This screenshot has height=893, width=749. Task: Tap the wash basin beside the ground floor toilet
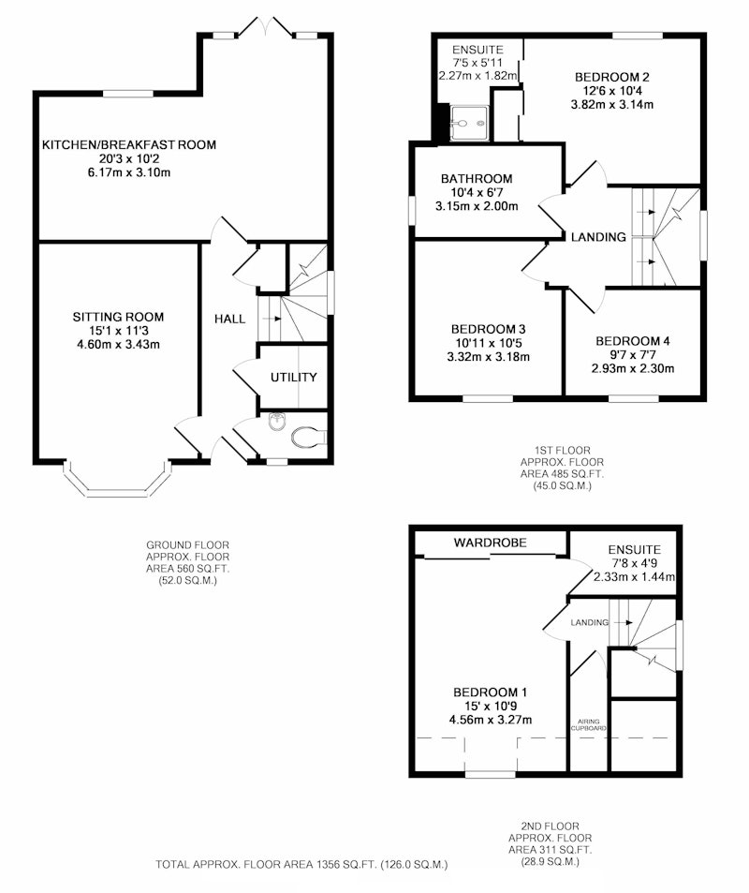(276, 422)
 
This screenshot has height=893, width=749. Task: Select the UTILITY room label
(294, 377)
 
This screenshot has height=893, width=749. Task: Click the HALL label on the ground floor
(230, 319)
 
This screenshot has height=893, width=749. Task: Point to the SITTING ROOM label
(118, 317)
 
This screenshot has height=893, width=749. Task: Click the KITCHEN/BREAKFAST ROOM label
(129, 144)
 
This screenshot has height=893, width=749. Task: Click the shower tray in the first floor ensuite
(470, 123)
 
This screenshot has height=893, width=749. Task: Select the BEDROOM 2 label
(611, 77)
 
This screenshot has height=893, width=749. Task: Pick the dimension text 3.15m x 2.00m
(477, 206)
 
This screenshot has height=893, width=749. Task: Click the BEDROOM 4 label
(632, 341)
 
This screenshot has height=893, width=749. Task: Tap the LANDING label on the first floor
(598, 237)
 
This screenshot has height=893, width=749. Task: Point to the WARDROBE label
(490, 543)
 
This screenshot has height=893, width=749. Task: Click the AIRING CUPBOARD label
(589, 724)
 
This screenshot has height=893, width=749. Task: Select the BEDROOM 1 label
(490, 692)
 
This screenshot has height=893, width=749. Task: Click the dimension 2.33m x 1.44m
(634, 576)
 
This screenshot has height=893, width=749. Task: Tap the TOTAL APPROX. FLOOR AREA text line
(301, 865)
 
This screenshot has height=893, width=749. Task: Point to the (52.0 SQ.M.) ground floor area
(188, 581)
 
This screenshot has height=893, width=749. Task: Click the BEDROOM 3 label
(489, 329)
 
